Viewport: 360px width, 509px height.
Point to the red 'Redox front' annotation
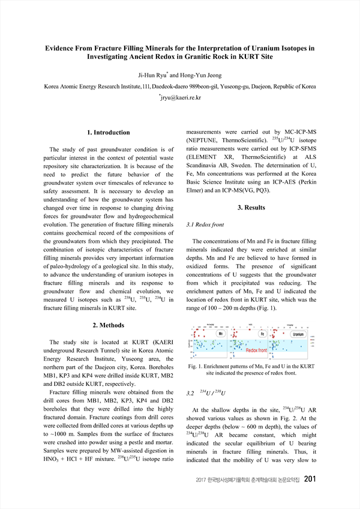pyautogui.click(x=259, y=350)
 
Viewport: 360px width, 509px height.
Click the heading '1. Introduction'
pyautogui.click(x=108, y=132)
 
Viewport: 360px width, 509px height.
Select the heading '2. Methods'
pyautogui.click(x=108, y=325)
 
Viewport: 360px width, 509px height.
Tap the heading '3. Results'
pyautogui.click(x=251, y=208)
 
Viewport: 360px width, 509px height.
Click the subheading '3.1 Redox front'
pyautogui.click(x=206, y=224)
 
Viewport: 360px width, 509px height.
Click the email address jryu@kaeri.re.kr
pyautogui.click(x=181, y=97)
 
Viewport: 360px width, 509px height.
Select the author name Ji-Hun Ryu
pyautogui.click(x=154, y=75)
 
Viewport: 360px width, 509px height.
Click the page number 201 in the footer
pyautogui.click(x=310, y=496)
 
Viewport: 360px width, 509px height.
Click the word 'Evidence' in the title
pyautogui.click(x=64, y=47)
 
